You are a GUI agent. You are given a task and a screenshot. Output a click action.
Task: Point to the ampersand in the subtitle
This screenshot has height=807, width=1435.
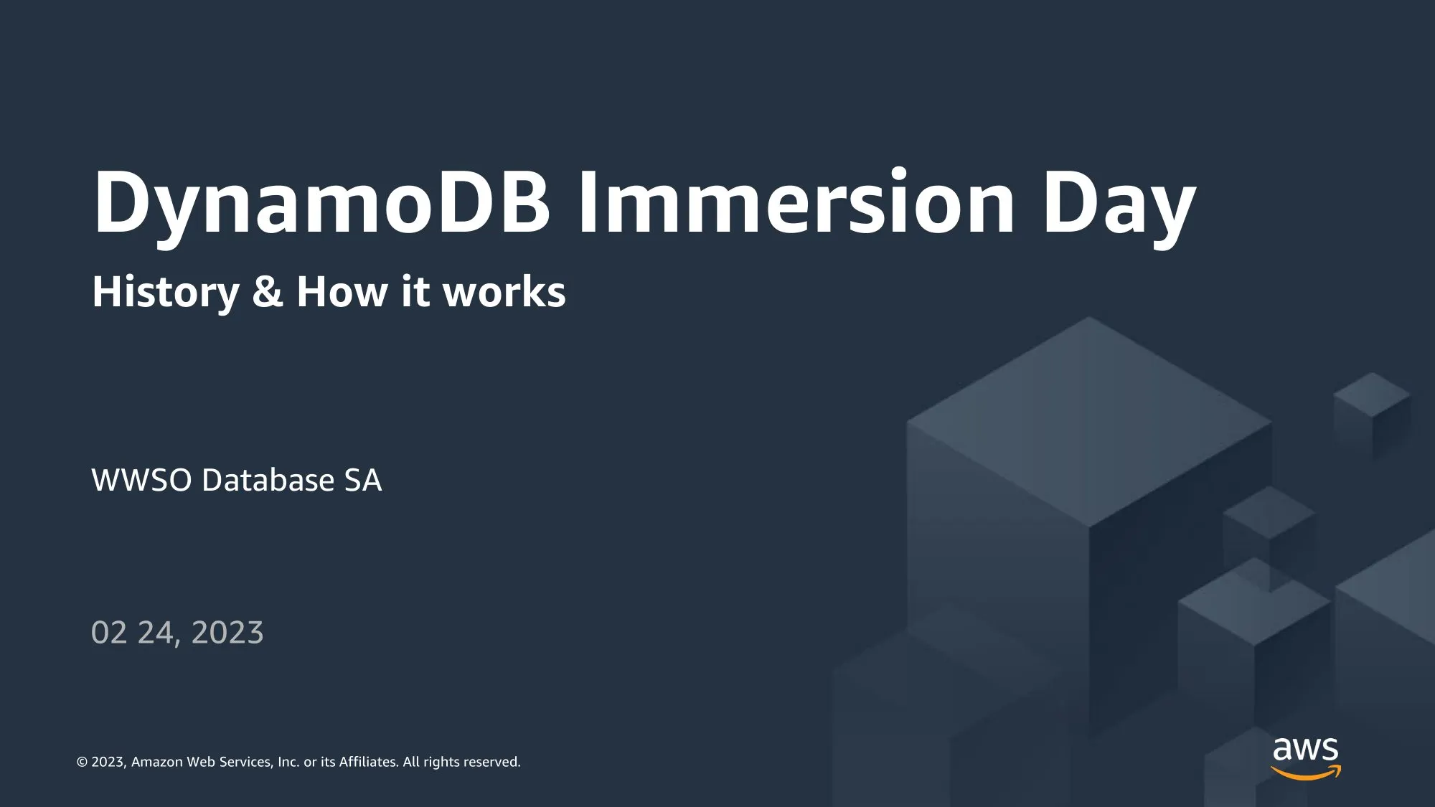[268, 293]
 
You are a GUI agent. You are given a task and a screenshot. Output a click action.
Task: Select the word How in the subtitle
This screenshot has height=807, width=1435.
[342, 293]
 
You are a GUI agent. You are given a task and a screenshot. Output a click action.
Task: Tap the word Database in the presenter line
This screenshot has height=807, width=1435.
[268, 480]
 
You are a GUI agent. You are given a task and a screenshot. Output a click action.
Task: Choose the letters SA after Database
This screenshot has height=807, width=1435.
[363, 480]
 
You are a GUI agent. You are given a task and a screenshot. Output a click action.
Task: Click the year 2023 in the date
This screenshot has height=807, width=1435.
[227, 633]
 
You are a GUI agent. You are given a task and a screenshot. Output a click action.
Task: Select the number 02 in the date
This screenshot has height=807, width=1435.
[110, 633]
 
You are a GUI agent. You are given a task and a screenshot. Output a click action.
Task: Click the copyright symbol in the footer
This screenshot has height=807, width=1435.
[83, 762]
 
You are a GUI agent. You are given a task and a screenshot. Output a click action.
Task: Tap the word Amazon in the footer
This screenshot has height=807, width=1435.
[157, 762]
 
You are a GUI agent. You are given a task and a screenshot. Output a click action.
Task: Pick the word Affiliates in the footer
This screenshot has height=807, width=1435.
[368, 762]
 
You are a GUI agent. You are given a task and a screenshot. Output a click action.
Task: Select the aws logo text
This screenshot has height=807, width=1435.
[1306, 750]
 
